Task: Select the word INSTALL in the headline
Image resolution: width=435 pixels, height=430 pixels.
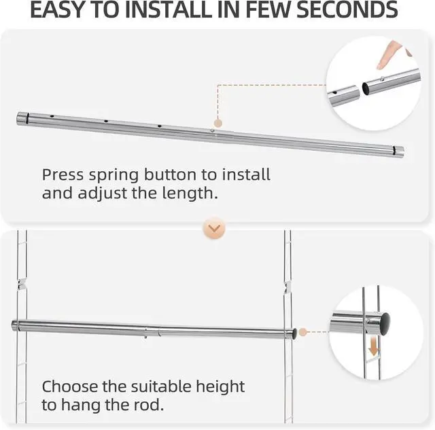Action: [x=184, y=10]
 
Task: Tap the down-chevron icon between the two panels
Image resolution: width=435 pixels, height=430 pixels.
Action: [x=214, y=229]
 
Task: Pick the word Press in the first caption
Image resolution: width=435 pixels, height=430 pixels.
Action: [x=63, y=175]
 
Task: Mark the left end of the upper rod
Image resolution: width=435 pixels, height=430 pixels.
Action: [x=20, y=120]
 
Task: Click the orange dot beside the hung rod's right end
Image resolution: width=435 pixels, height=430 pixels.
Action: [x=303, y=332]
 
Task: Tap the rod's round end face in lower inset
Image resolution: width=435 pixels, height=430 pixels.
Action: [x=385, y=319]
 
